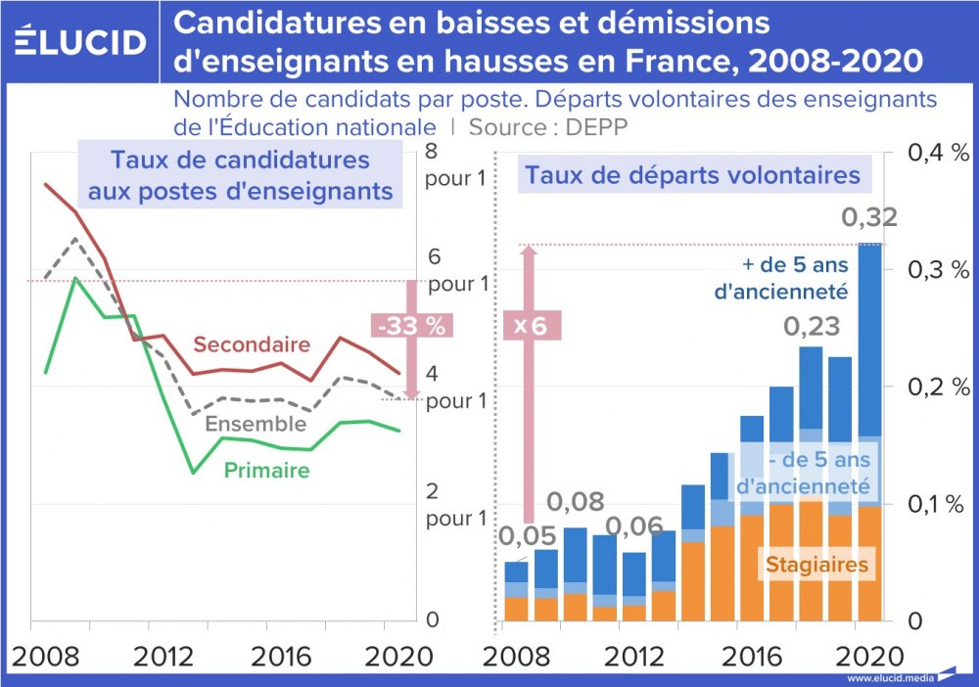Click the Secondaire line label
[252, 344]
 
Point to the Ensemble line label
[256, 424]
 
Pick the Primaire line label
[266, 471]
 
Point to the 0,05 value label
[529, 536]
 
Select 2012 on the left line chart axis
[163, 655]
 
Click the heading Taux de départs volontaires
[692, 176]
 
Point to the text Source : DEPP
[548, 127]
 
